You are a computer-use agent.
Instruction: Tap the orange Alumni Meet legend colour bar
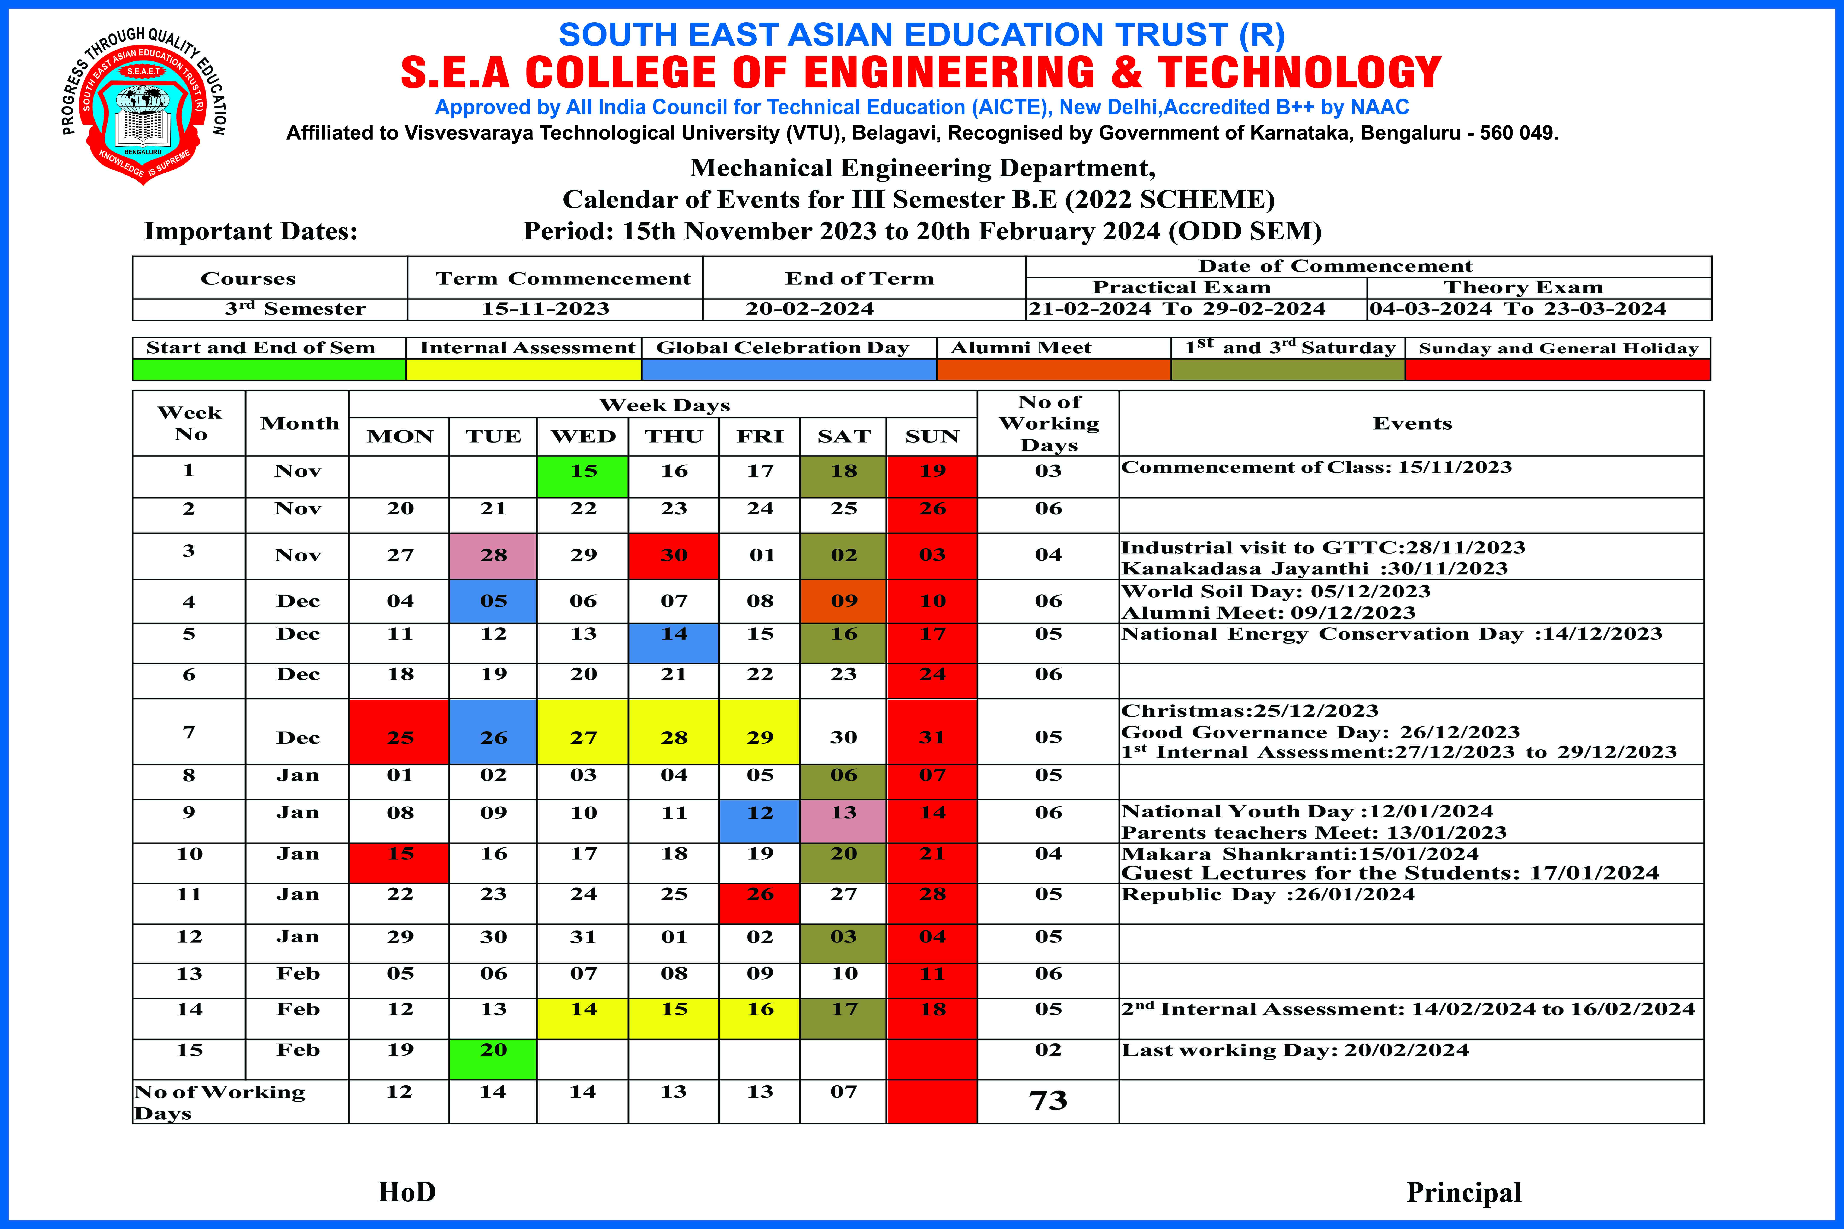pyautogui.click(x=1053, y=369)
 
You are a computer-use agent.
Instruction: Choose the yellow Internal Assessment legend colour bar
pyautogui.click(x=523, y=369)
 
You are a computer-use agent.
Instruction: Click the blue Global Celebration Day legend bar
pyautogui.click(x=789, y=369)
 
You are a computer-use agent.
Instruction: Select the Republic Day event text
pyautogui.click(x=1268, y=894)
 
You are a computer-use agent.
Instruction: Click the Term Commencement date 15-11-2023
pyautogui.click(x=546, y=309)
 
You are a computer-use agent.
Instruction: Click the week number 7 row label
pyautogui.click(x=189, y=732)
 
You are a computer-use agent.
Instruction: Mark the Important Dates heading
pyautogui.click(x=251, y=231)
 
